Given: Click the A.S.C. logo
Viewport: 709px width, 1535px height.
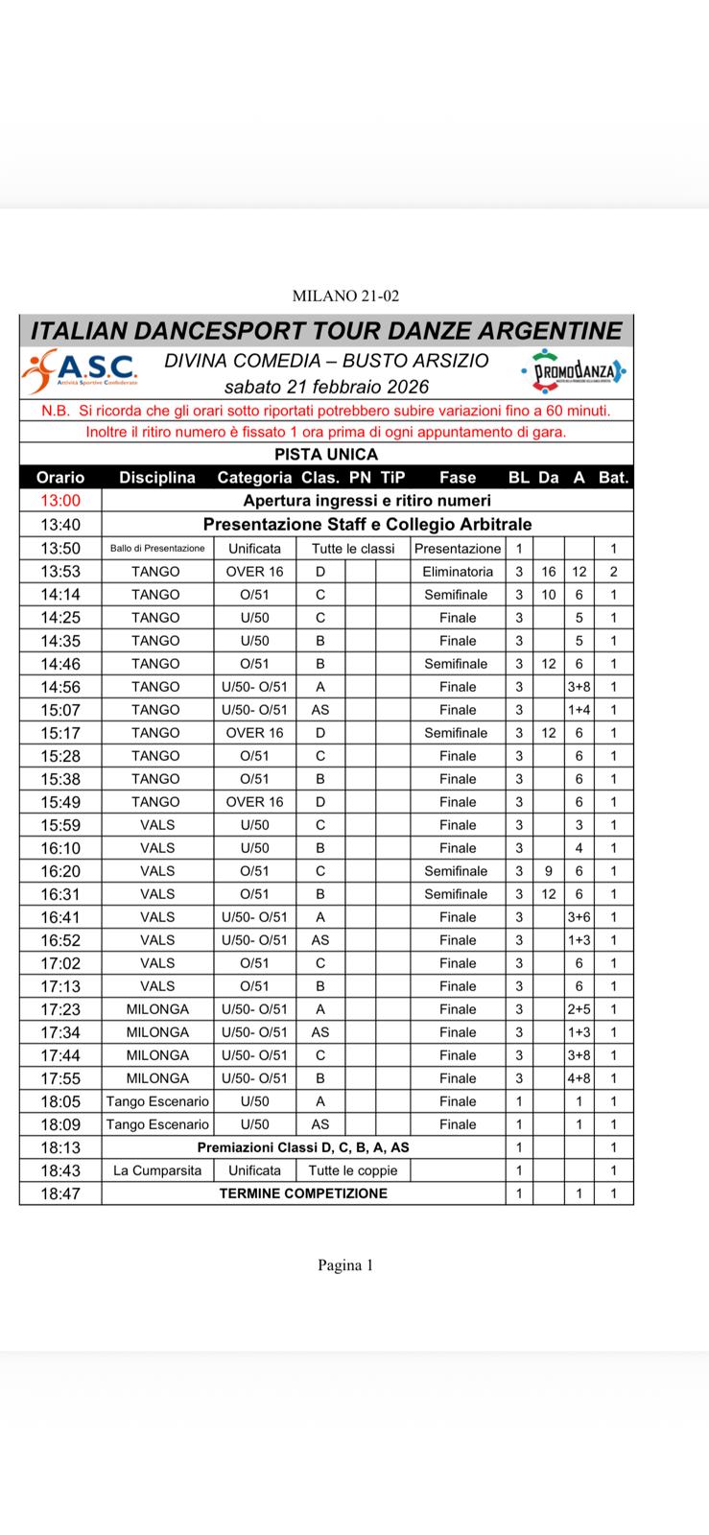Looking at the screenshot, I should click(x=82, y=371).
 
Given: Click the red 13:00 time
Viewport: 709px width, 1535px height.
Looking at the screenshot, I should click(x=60, y=501).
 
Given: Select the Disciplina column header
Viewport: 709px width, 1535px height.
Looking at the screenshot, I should click(x=157, y=477).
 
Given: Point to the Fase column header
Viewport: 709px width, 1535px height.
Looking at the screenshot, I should click(x=458, y=477).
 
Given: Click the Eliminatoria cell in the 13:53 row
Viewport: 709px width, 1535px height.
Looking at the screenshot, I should click(x=458, y=572).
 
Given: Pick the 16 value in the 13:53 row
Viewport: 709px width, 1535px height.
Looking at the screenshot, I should click(x=549, y=572).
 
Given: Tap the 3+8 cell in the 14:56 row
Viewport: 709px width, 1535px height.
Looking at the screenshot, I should click(x=579, y=687).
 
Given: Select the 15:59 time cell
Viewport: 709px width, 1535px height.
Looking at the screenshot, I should click(x=60, y=825).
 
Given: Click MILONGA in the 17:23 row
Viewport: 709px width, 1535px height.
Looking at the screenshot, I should click(x=157, y=1009).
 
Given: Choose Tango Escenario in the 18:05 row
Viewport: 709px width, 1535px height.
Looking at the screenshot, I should click(x=157, y=1101).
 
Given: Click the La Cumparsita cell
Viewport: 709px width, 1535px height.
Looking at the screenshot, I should click(x=157, y=1170).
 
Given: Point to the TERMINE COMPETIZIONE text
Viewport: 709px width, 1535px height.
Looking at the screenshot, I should click(x=303, y=1193).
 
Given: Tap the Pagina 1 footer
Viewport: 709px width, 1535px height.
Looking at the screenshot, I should click(x=345, y=1265).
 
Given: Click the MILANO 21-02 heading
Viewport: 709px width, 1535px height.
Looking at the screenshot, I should click(x=345, y=296).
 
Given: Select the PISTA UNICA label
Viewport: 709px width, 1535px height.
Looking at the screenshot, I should click(x=326, y=454).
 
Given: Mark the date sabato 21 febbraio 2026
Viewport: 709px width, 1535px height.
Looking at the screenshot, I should click(x=326, y=387).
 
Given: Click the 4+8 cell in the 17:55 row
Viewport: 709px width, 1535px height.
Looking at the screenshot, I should click(x=579, y=1078).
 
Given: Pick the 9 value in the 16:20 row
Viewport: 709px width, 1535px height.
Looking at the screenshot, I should click(x=549, y=871).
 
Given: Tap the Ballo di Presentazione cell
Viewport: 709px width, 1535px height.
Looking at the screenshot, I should click(x=157, y=549).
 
